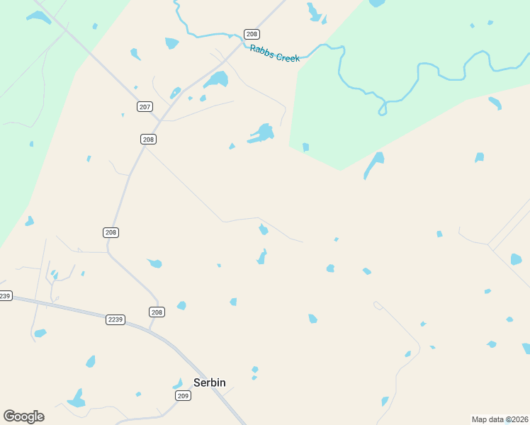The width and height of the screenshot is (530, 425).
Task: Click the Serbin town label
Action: tap(210, 382)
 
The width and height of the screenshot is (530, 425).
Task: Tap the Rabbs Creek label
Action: tap(275, 53)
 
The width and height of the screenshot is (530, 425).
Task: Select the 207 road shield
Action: tap(145, 107)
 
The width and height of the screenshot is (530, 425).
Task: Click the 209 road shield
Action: tap(183, 396)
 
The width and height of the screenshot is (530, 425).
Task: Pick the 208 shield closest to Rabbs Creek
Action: tap(252, 34)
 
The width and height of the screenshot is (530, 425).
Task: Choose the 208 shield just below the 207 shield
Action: tap(148, 140)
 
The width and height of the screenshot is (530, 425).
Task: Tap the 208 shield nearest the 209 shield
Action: tap(157, 312)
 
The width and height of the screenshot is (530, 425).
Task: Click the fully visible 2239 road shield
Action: tap(115, 319)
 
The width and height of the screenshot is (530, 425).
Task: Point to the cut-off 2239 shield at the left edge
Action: tap(5, 295)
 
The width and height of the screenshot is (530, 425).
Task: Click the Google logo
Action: tap(23, 416)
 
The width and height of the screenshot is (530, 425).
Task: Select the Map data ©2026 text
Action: tap(500, 419)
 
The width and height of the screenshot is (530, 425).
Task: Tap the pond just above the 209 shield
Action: tap(178, 383)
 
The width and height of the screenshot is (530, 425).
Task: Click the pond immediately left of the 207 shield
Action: tap(123, 115)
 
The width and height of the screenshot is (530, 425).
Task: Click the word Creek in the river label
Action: tap(287, 56)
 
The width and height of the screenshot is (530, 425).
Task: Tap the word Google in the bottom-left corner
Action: tap(23, 416)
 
